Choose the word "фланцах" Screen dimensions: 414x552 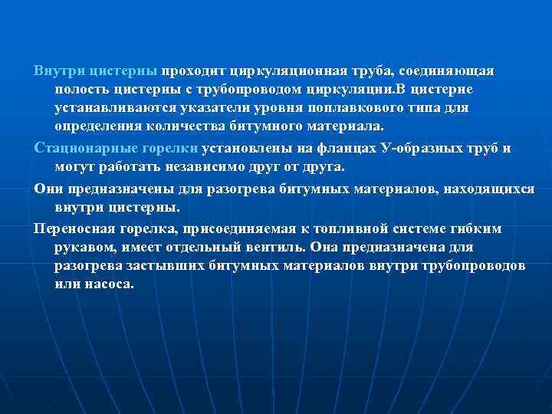point(330,148)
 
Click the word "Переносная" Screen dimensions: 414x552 point(74,229)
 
